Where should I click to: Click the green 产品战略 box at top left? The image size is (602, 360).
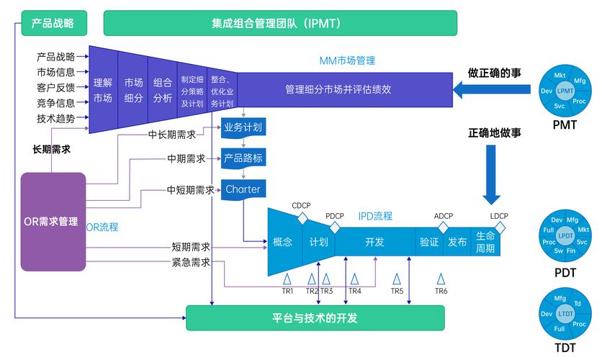point(53,23)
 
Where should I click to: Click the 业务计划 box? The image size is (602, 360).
point(243,127)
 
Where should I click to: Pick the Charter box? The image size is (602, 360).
point(243,189)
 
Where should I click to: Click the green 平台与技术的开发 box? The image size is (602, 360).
point(315,318)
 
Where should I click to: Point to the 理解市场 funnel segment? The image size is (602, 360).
point(103,90)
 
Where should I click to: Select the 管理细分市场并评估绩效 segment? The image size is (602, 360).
point(338,90)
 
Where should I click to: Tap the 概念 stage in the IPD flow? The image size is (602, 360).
point(283,242)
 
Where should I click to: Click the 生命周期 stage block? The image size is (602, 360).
point(485,242)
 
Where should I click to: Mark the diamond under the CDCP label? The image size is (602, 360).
point(303,217)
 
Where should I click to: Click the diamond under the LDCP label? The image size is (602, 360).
point(500,228)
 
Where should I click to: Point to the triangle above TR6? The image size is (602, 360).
point(441,278)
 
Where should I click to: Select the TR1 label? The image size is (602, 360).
point(287,292)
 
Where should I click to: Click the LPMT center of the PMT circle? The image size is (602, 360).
point(565,91)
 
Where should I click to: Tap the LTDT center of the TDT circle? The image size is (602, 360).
point(565,314)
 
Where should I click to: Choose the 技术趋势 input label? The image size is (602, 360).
point(55,118)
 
